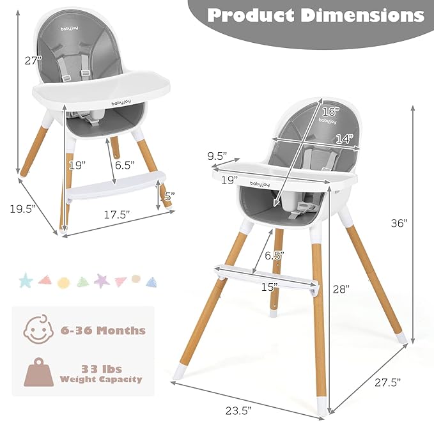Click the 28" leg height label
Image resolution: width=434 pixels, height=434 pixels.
tap(341, 289)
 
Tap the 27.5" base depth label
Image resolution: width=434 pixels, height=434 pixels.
tap(387, 382)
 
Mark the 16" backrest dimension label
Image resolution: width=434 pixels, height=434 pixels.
tap(329, 111)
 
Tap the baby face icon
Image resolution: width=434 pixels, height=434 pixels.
tap(38, 330)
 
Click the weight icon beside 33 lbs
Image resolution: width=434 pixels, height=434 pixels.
tap(38, 373)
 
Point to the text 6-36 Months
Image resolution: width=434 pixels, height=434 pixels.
tap(103, 330)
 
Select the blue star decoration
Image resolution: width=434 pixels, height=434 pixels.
tap(26, 281)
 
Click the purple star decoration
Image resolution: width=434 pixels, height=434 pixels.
tap(101, 280)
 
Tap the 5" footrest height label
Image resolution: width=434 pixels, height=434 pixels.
tap(169, 197)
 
